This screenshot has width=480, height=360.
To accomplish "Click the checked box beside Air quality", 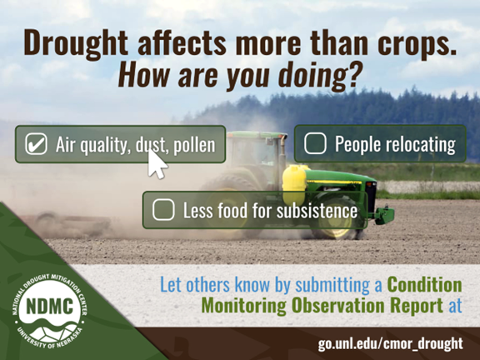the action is [36, 144].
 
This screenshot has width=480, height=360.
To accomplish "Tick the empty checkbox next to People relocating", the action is [315, 143].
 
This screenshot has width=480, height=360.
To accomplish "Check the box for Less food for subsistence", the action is [163, 210].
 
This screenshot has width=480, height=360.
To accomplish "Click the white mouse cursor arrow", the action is [157, 164].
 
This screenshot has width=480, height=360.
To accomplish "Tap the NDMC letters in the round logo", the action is [50, 306].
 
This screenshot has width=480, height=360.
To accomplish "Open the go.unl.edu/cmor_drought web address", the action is [390, 343].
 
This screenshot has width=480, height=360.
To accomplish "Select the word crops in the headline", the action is [417, 44].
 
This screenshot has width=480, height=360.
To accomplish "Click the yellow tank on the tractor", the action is [294, 181].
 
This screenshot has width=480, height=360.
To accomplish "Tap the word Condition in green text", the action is [425, 285].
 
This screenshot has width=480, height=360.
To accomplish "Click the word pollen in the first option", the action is [194, 145].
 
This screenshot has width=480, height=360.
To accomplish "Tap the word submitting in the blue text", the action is [332, 285].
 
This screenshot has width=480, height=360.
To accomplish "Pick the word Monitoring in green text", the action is [243, 306].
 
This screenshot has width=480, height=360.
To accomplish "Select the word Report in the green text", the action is [417, 306].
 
